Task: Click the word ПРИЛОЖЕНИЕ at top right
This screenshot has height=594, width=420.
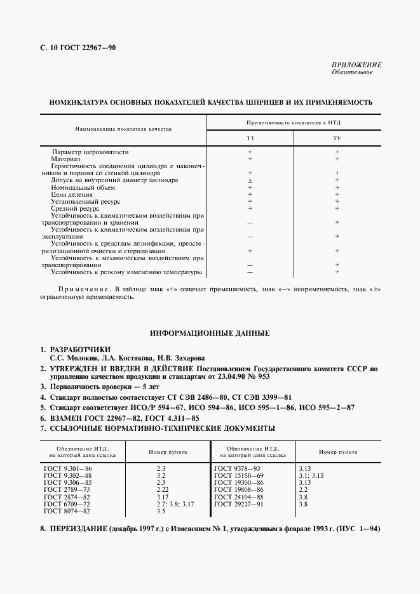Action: click(x=356, y=65)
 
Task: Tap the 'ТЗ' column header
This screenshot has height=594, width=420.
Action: click(x=250, y=138)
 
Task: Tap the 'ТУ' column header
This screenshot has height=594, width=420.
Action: click(x=336, y=138)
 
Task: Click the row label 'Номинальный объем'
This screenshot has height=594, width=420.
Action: click(x=75, y=188)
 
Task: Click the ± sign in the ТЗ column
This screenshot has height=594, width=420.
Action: click(x=250, y=180)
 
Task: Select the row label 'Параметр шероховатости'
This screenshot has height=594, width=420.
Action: click(x=90, y=153)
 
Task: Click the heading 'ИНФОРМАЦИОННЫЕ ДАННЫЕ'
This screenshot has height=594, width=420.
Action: click(x=210, y=333)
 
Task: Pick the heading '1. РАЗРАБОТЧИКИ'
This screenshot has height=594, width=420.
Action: click(x=76, y=350)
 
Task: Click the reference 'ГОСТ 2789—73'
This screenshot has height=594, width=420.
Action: click(x=67, y=490)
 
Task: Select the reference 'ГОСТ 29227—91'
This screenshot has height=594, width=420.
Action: click(x=239, y=504)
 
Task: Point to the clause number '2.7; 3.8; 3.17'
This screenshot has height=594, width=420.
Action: click(x=175, y=504)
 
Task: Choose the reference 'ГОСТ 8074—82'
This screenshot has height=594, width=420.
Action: click(x=67, y=511)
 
